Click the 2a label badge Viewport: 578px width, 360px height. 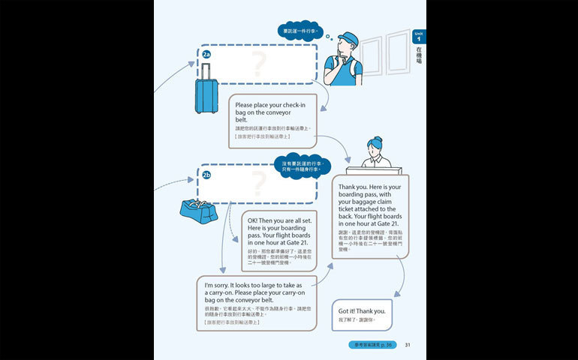[206, 54]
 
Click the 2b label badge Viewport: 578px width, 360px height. [207, 175]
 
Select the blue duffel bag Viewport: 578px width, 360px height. [198, 211]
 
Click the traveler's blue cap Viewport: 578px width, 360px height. [348, 38]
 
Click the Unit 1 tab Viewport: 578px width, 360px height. [418, 37]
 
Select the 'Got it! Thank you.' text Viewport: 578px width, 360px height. [362, 310]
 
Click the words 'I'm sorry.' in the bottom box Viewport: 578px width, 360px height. [220, 286]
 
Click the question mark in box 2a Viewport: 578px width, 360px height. [260, 64]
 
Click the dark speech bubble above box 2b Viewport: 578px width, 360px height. [301, 166]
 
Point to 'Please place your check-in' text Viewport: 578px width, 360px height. [269, 106]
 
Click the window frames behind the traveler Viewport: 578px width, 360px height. [383, 56]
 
